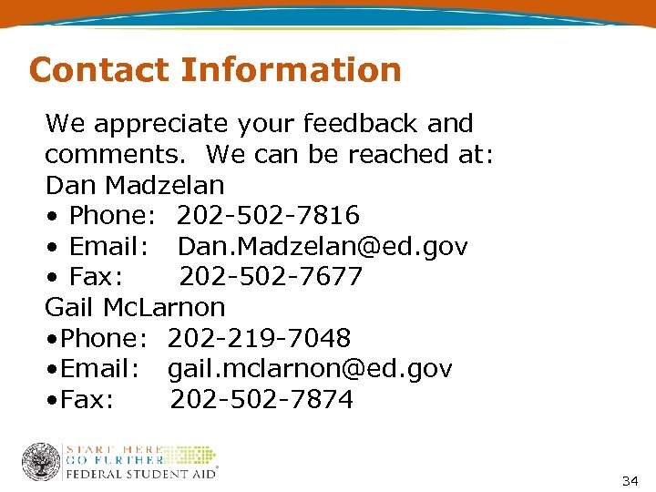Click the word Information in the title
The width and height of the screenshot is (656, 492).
pos(291,69)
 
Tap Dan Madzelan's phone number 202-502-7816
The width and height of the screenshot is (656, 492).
pos(268,216)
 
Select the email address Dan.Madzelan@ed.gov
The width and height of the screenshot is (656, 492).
pos(323,247)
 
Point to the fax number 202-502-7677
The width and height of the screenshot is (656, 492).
pos(271,277)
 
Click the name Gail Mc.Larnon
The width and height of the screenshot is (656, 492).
pos(135,308)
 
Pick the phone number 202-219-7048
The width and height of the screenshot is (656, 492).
pos(260,339)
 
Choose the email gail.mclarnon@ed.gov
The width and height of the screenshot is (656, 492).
pos(310,369)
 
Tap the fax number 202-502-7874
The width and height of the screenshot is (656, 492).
pos(261,400)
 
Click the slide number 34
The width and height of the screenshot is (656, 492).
pos(630,481)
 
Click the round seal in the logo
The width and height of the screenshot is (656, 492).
pos(41,462)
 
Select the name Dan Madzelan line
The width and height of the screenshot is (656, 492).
pos(135,185)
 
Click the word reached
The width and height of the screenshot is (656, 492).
pos(399,155)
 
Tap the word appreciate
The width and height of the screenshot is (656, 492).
pos(169,124)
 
